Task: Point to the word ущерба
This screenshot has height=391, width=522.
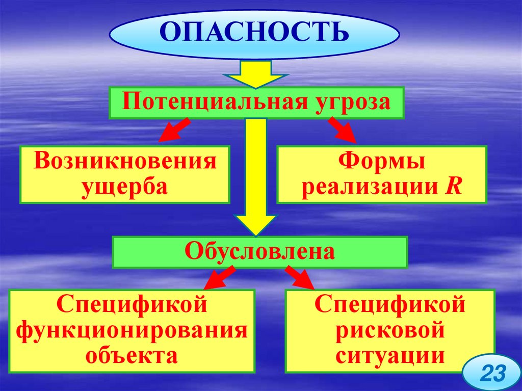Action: pos(125,186)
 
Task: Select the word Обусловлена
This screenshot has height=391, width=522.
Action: pos(260,251)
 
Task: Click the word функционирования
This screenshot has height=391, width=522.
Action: pos(132,330)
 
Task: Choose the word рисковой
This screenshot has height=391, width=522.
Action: pos(390,330)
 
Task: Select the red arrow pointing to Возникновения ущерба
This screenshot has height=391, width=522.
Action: pos(173,131)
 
